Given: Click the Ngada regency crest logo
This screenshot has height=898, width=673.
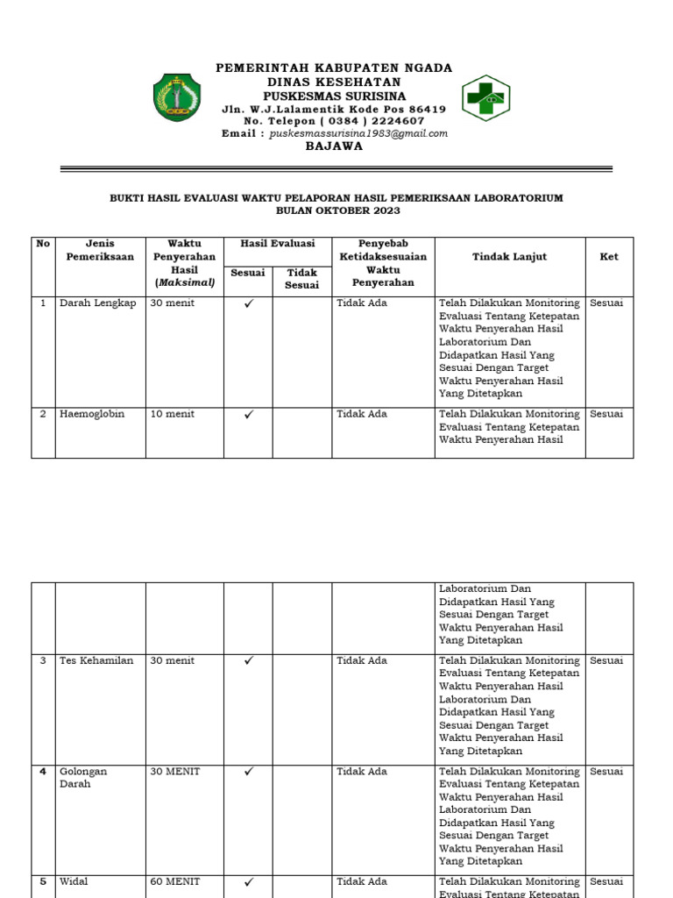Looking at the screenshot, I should pyautogui.click(x=178, y=97).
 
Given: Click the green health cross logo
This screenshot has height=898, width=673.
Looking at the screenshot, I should pyautogui.click(x=486, y=97).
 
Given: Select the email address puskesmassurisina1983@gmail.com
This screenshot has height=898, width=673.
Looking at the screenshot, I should pyautogui.click(x=358, y=133).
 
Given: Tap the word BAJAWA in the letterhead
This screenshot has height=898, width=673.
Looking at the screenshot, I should pyautogui.click(x=334, y=146).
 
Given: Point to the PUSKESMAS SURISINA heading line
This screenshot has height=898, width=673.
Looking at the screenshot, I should pyautogui.click(x=334, y=95).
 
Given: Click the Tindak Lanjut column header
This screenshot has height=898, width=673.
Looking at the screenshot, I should pyautogui.click(x=509, y=257).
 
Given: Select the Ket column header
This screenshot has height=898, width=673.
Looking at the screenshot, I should pyautogui.click(x=609, y=257).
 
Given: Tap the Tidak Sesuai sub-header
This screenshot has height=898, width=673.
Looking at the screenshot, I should pyautogui.click(x=302, y=279).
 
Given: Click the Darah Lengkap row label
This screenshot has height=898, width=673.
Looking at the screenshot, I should pyautogui.click(x=97, y=303).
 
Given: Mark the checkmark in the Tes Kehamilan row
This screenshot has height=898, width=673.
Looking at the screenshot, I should pyautogui.click(x=248, y=661).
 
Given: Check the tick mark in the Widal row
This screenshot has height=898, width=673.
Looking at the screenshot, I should pyautogui.click(x=248, y=882).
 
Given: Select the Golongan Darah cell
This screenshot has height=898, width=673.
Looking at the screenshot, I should pyautogui.click(x=83, y=778).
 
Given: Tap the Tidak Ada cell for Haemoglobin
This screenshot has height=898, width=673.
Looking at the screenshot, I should pyautogui.click(x=362, y=414).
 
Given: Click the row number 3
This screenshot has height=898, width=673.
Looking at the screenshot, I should pyautogui.click(x=43, y=660).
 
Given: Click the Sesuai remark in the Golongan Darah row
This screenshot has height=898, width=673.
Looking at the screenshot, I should pyautogui.click(x=606, y=772).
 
